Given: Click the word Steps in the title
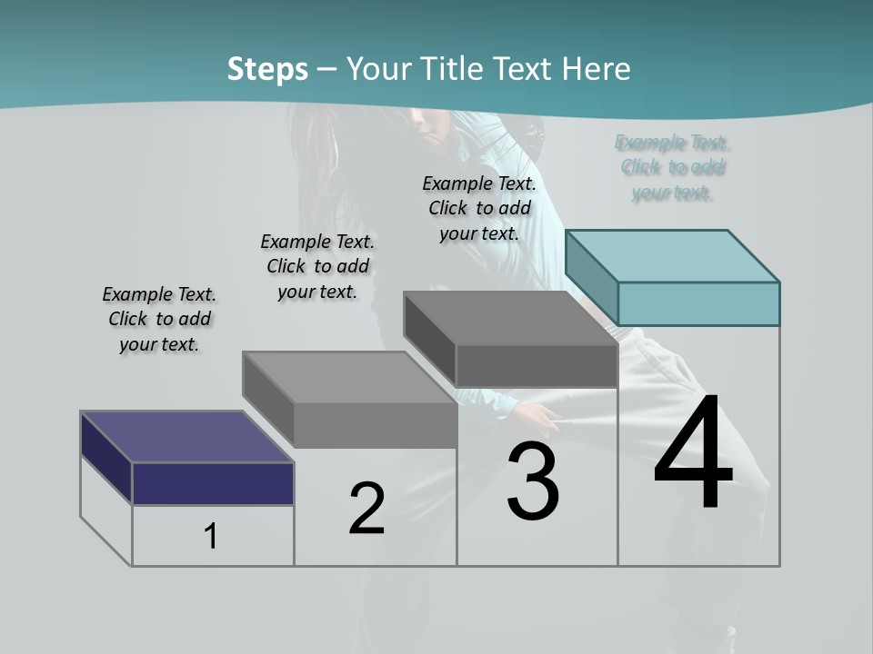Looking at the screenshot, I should [266, 69].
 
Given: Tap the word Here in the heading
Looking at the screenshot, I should [597, 69].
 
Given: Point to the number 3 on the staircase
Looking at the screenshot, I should [533, 481].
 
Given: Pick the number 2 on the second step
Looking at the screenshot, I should [366, 509].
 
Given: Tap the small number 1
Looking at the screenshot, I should [211, 536].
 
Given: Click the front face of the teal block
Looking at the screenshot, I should [698, 303].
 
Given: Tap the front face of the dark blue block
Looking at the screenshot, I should [213, 483].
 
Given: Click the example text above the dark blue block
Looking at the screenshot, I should [159, 319].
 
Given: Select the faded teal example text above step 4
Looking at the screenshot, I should [672, 167].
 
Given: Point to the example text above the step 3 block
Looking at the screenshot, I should [479, 208].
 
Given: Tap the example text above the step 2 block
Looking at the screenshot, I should [317, 266].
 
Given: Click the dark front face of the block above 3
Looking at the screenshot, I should [537, 365].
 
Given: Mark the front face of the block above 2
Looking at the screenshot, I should [376, 425].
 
